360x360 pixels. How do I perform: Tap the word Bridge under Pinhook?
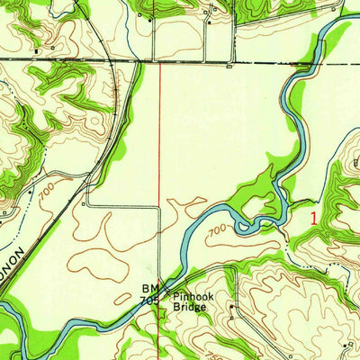[191, 307]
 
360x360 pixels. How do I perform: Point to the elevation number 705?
[148, 301]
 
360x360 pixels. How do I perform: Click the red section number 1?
[314, 217]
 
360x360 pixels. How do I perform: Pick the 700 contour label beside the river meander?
[217, 233]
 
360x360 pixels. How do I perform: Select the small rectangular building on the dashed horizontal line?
[229, 65]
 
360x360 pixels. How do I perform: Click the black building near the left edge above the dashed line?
[36, 51]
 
